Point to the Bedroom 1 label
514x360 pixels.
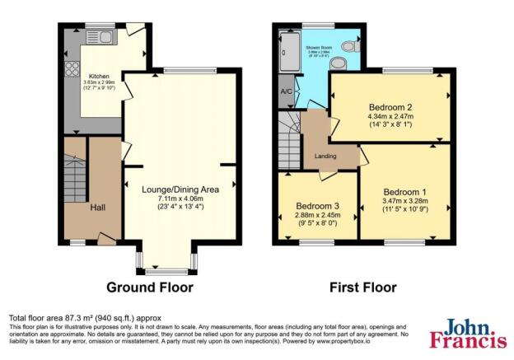pos(404,189)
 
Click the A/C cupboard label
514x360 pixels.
pos(287,91)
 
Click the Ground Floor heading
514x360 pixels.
pos(150,288)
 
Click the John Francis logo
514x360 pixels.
pos(467,333)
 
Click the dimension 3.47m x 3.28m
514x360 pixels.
pos(404,200)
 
